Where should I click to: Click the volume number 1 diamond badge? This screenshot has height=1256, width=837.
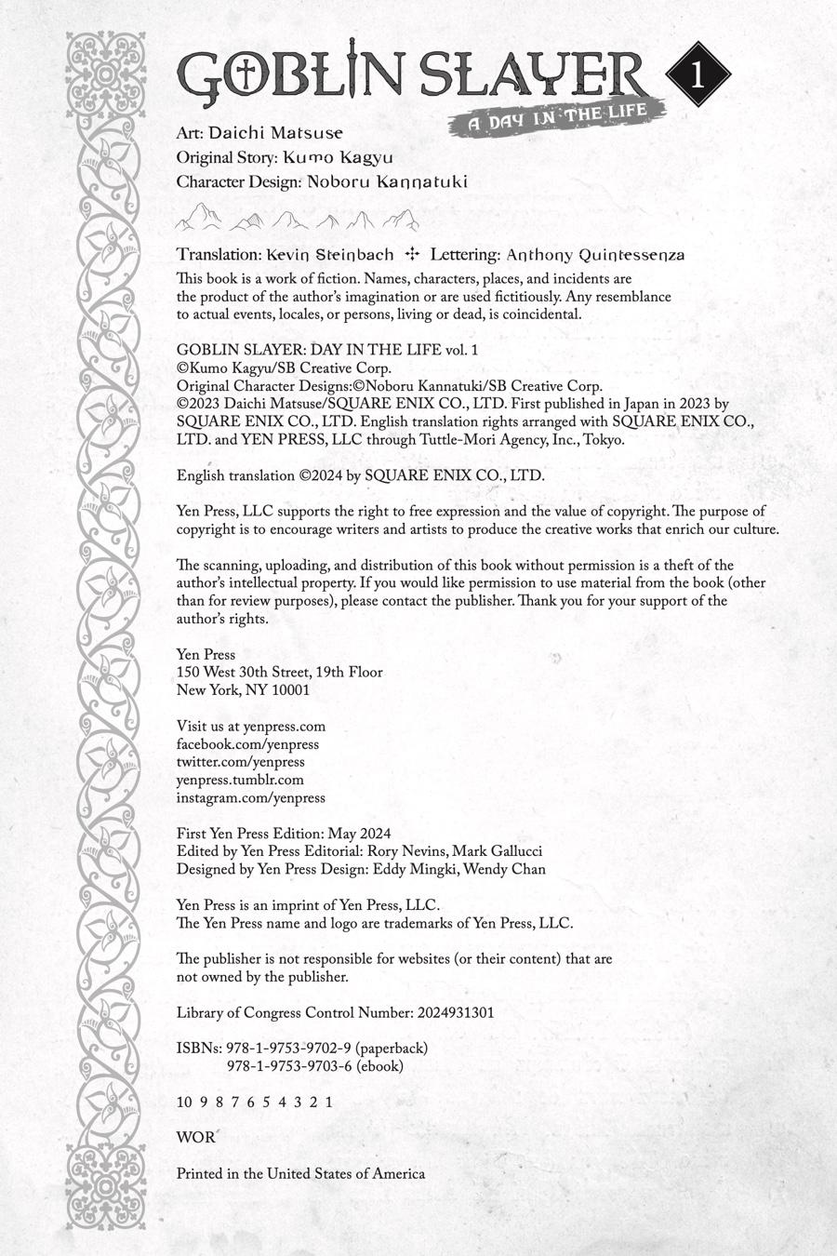click(699, 74)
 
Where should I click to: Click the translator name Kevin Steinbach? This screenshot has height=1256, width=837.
click(329, 254)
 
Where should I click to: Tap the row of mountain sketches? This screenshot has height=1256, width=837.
click(298, 220)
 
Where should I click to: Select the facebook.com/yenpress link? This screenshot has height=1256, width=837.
click(247, 744)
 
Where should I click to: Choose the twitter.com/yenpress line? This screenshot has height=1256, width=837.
click(241, 762)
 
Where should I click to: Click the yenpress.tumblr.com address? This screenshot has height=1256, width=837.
click(240, 780)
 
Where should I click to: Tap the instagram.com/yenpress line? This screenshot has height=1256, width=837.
click(251, 797)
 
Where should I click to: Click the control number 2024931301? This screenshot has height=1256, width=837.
click(453, 1012)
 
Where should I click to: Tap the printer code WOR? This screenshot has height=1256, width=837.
click(195, 1137)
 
